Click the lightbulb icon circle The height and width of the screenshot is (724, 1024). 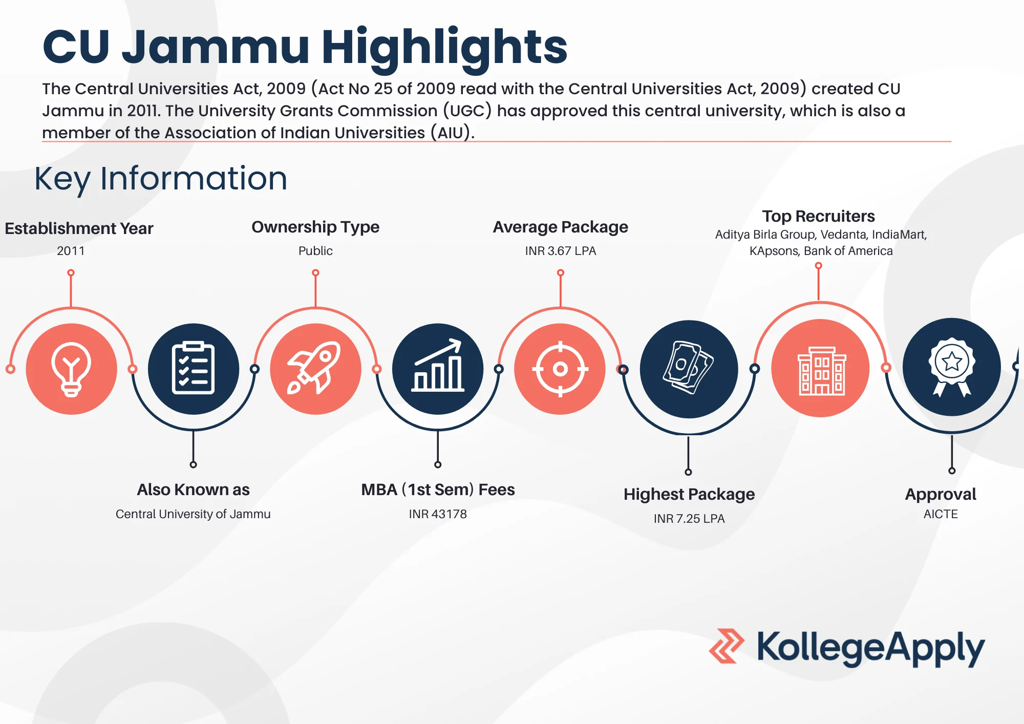coord(71,369)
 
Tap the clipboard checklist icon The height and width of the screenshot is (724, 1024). coord(193,369)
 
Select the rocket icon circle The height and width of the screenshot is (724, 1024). coord(315,369)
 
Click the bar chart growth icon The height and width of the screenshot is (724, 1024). coord(438,369)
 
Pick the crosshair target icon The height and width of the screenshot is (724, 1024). coord(560,369)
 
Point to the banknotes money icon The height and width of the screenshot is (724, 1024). coord(689,369)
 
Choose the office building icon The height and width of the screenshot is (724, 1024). coord(821,368)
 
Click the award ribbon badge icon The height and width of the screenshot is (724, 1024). coord(952,367)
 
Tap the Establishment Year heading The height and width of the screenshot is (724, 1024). coord(79,228)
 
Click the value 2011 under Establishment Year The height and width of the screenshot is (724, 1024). coord(71,251)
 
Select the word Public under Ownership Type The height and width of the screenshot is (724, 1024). coord(315,251)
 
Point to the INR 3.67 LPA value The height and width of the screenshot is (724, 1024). coord(561,251)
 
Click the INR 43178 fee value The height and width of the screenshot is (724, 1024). coord(438,514)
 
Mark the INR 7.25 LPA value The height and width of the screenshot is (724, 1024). coord(689,519)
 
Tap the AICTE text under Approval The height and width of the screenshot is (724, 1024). coord(941,514)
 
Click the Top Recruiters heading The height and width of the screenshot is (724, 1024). coord(818,216)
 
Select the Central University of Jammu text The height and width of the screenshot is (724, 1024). coord(193,514)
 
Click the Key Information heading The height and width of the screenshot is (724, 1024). coord(161,179)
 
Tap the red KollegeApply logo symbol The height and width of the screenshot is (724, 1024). coord(727,646)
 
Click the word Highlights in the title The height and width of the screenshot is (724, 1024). coord(444,48)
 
